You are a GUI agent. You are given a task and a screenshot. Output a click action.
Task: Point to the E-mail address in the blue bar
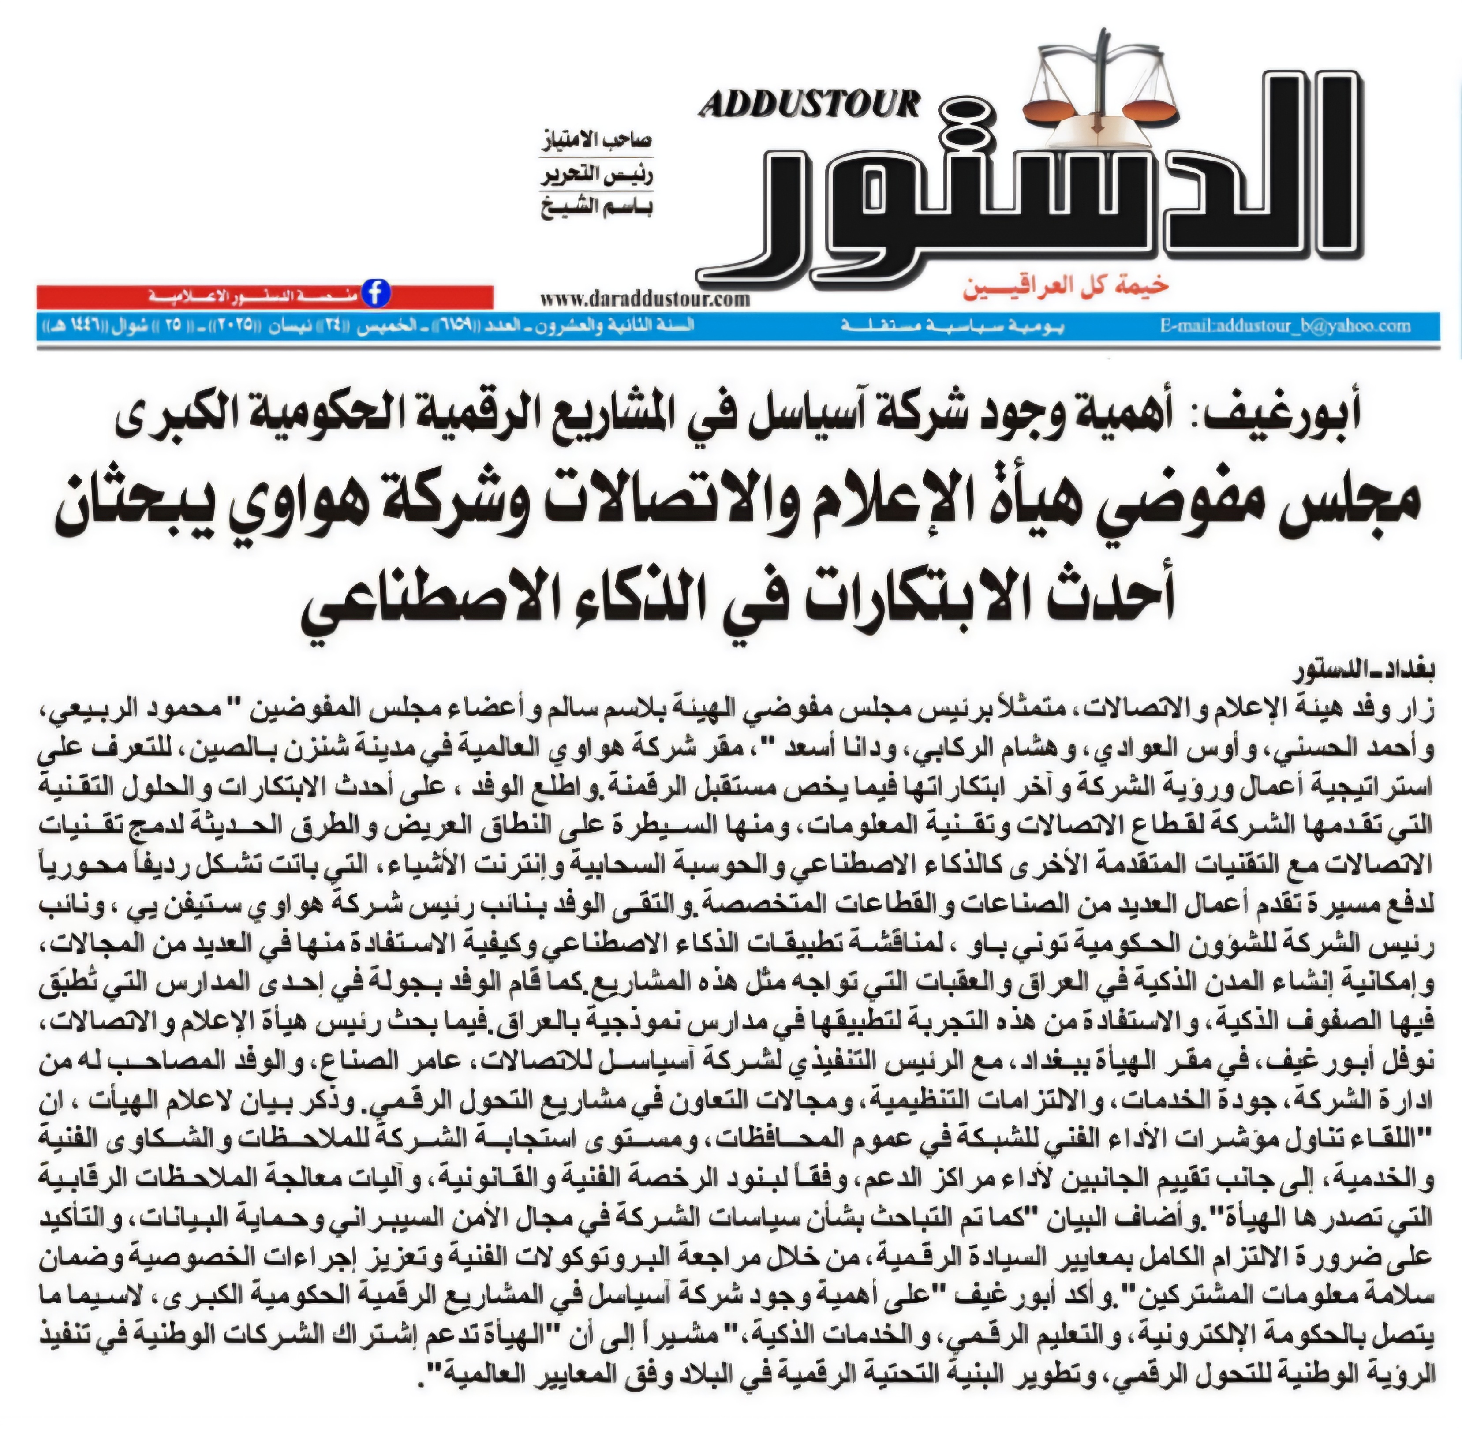(1284, 326)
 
